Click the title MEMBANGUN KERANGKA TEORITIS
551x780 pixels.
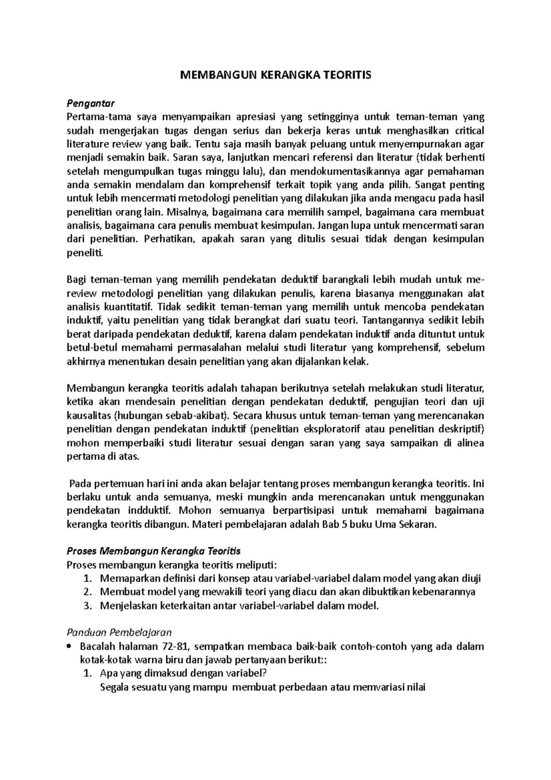pyautogui.click(x=275, y=75)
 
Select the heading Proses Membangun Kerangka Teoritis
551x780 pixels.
pyautogui.click(x=154, y=551)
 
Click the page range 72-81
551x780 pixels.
pyautogui.click(x=176, y=647)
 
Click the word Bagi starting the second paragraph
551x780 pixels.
pyautogui.click(x=76, y=280)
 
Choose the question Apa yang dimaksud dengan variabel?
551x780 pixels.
pyautogui.click(x=183, y=674)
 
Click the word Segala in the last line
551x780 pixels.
pyautogui.click(x=114, y=688)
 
